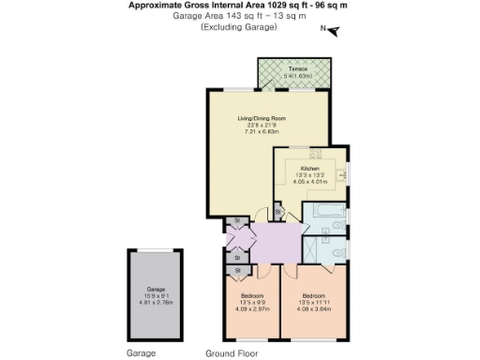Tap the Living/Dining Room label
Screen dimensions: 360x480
[262, 118]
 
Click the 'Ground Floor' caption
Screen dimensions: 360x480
[232, 354]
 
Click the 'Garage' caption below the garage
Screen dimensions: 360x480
[140, 354]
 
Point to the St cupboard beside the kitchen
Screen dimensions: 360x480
[278, 214]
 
